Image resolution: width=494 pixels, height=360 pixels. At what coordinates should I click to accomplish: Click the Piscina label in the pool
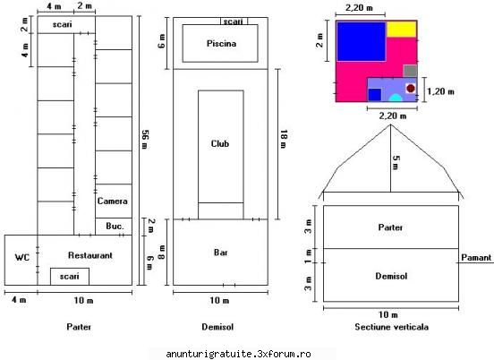221,44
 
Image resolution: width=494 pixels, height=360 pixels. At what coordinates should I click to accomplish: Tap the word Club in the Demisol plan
220,144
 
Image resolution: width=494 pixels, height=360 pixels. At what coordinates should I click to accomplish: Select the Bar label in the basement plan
220,253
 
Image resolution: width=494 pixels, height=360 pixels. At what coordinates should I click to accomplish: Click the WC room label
22,258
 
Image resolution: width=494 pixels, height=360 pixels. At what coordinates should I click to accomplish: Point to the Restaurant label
90,255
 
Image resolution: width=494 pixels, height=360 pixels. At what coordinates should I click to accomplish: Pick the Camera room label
113,201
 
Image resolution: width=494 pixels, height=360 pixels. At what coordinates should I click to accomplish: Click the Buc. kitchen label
115,226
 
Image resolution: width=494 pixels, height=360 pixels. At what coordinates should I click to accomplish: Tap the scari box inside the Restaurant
70,277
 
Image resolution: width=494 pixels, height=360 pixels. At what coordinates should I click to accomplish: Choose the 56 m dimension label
145,140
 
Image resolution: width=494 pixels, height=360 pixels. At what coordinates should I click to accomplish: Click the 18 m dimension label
283,139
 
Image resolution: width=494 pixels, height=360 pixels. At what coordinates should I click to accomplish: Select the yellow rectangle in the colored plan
402,29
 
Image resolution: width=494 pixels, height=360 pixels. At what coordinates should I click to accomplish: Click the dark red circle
411,89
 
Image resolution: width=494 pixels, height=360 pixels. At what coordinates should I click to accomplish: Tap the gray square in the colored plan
410,71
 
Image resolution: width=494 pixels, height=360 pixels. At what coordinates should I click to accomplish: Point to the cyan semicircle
396,99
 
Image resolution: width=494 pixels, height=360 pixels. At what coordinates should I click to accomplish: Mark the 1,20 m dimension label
440,91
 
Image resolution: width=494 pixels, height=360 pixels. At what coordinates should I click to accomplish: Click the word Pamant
476,258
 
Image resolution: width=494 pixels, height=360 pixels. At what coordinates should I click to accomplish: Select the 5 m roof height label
396,163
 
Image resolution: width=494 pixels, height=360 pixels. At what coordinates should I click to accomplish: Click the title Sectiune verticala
391,327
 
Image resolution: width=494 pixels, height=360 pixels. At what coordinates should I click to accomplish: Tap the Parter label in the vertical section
390,227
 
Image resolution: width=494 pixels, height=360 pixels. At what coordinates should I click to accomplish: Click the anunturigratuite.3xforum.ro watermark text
238,354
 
